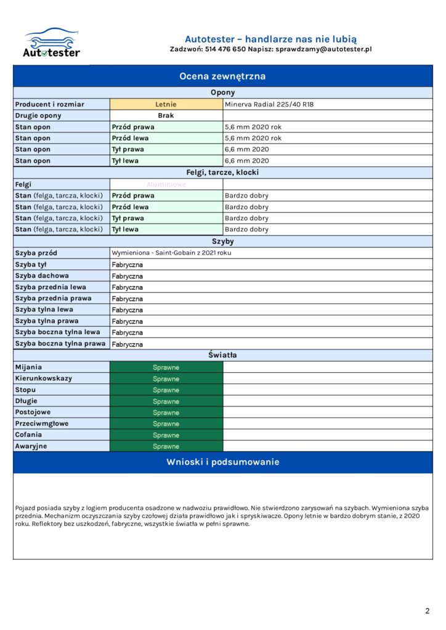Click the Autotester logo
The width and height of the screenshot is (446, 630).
coord(52,42)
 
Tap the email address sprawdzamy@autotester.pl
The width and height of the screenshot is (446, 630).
coord(323,49)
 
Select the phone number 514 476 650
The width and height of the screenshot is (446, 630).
coord(225,49)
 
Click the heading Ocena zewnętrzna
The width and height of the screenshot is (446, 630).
coord(222,76)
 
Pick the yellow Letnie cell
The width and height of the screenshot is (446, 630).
coord(166,105)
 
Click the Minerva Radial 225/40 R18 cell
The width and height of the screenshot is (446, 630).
coord(269,105)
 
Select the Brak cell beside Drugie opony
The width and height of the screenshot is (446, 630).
coord(166,116)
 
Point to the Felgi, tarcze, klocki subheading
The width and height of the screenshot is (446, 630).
coord(222,172)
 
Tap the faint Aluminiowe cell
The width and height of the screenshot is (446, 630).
coord(166,184)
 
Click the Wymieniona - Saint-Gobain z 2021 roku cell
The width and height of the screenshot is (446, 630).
coord(171,253)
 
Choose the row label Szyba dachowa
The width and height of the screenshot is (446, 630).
coord(42,276)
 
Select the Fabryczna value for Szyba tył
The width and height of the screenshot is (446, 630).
coord(128,265)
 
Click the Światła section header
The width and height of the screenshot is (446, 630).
coord(222,355)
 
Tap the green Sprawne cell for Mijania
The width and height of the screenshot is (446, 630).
coord(166,367)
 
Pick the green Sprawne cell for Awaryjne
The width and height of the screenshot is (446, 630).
coord(166,446)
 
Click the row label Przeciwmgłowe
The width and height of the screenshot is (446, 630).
coord(42,423)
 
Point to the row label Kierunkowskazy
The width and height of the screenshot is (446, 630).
coord(43,378)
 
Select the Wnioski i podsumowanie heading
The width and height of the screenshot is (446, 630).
coord(222,462)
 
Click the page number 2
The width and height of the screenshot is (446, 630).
coord(427,611)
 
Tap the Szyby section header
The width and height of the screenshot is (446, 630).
coord(222,242)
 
